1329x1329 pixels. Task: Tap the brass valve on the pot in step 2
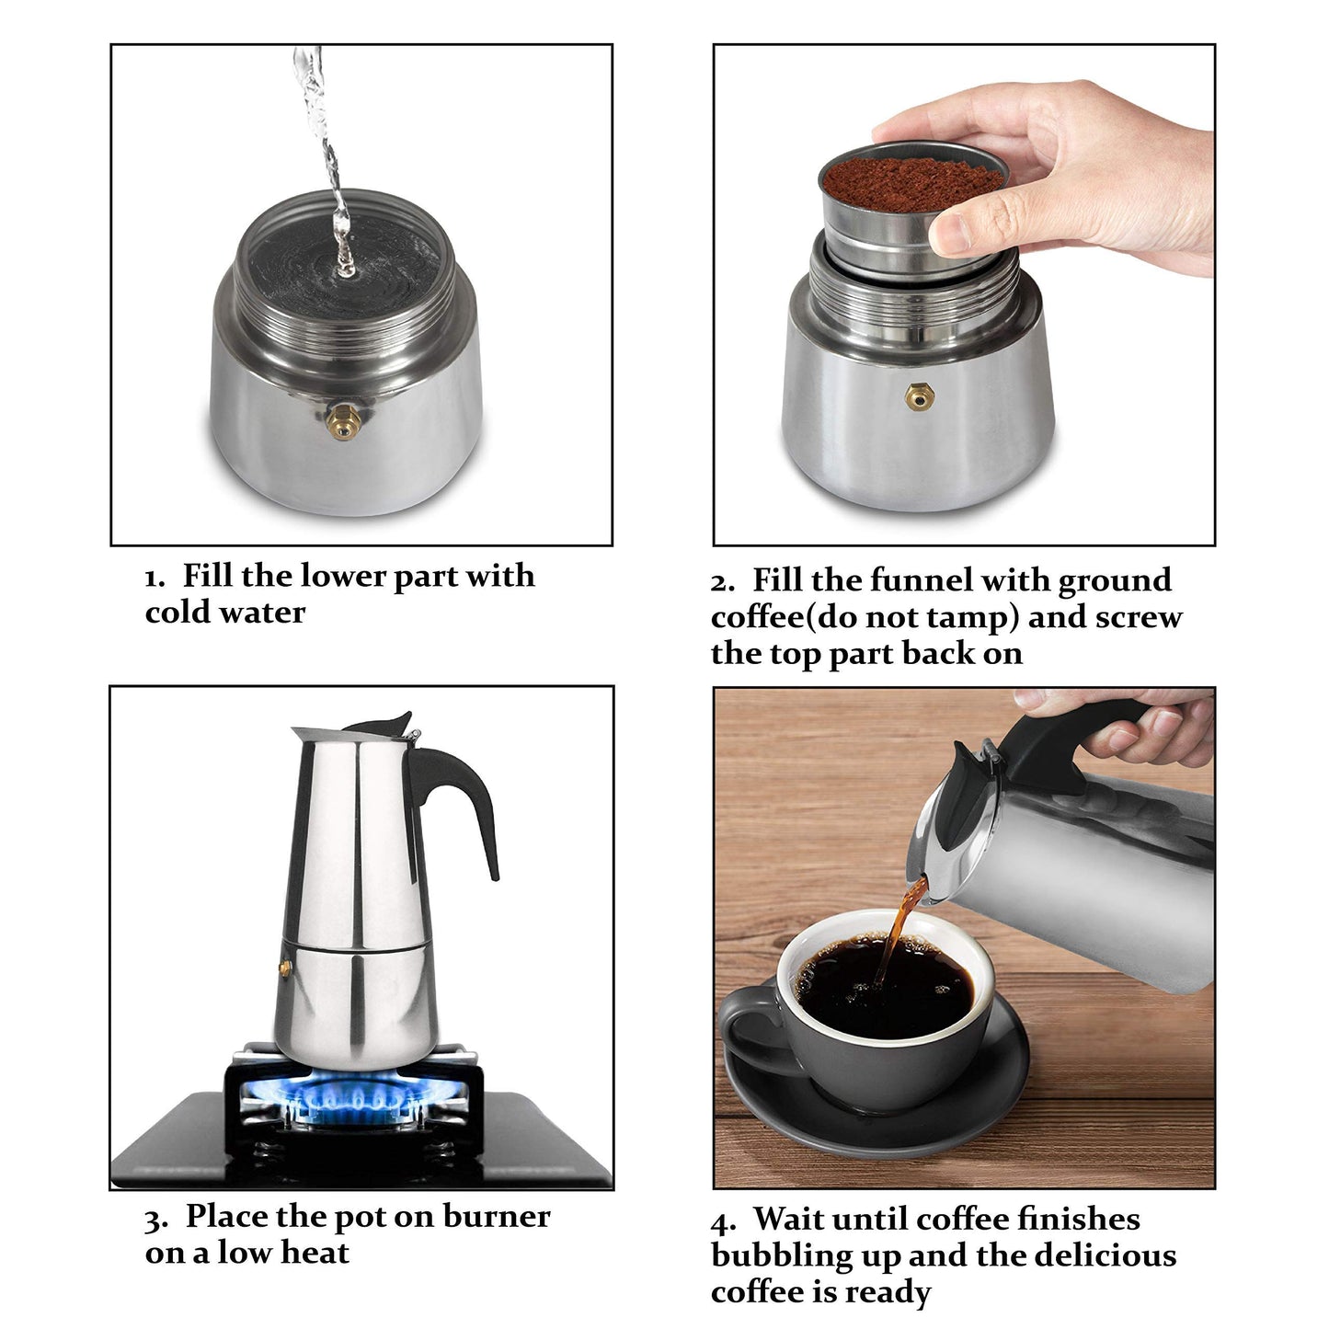click(915, 395)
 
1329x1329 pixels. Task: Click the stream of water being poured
click(331, 166)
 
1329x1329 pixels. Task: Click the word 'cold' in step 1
click(179, 613)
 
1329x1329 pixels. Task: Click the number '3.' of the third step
click(156, 1220)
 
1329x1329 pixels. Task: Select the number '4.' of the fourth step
click(724, 1222)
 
